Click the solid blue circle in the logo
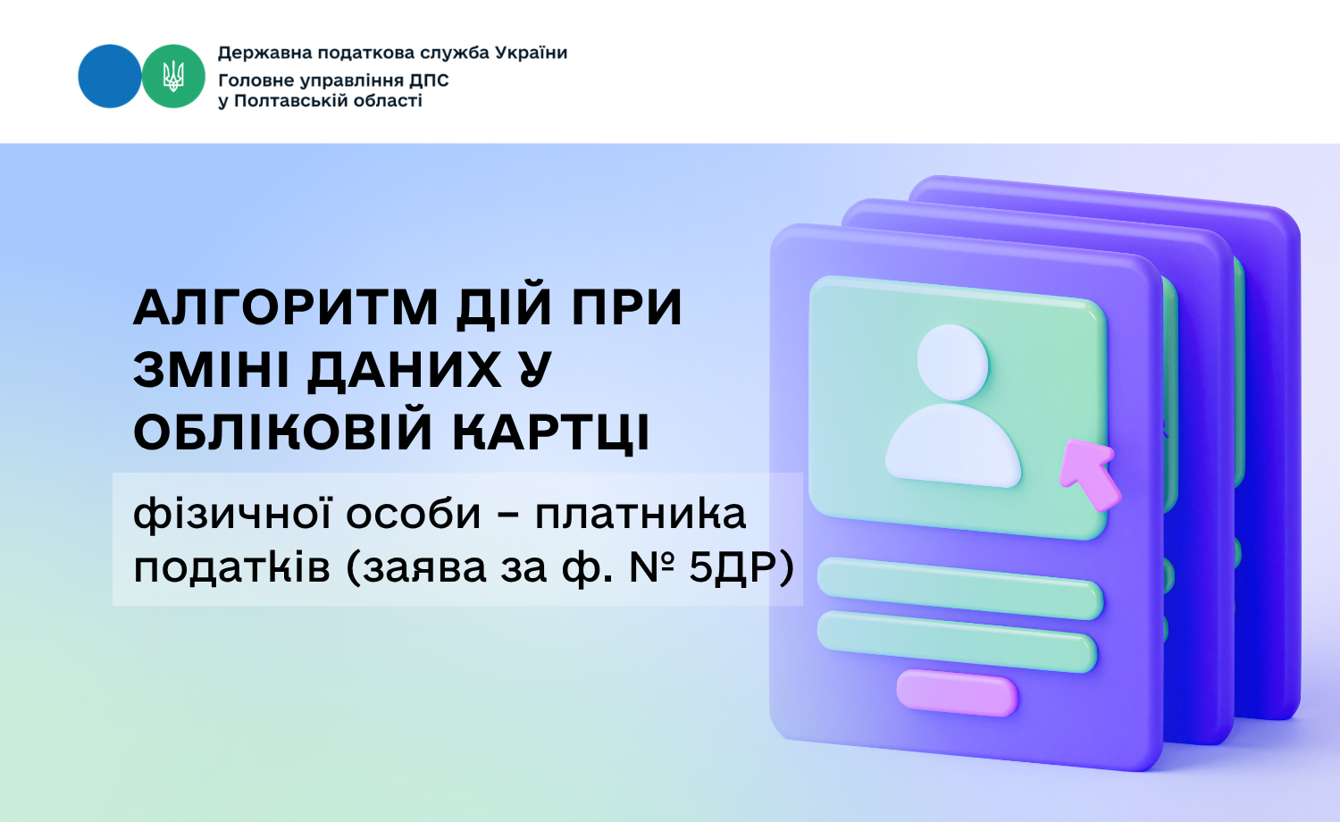point(110,76)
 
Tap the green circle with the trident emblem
point(173,76)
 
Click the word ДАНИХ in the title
point(405,371)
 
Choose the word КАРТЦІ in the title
point(551,432)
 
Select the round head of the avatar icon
point(952,363)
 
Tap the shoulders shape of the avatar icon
point(953,446)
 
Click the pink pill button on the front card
point(957,692)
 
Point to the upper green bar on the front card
point(960,589)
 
